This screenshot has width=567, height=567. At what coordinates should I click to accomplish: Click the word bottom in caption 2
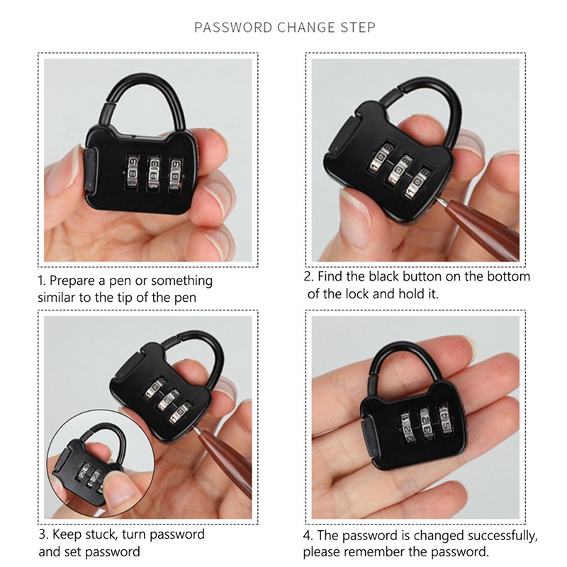point(505,276)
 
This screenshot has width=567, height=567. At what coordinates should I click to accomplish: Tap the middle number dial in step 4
point(429,424)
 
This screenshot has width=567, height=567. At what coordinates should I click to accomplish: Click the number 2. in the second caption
point(310,276)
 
